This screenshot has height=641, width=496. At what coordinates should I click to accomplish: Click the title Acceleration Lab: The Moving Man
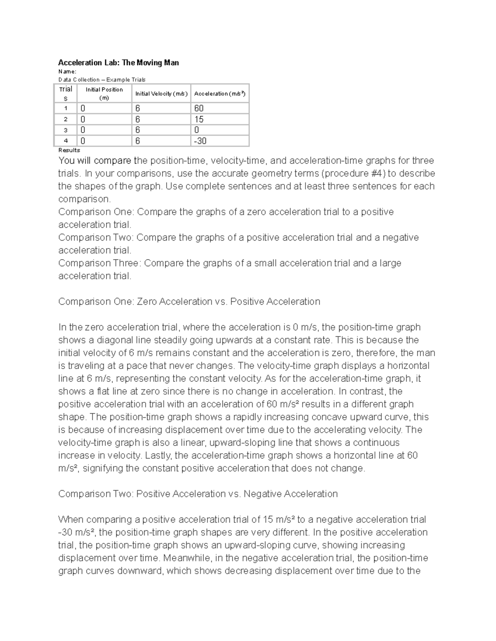(x=118, y=63)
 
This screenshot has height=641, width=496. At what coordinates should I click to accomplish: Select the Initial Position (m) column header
(x=104, y=94)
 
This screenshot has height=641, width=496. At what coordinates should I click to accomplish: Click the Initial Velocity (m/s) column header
(x=161, y=94)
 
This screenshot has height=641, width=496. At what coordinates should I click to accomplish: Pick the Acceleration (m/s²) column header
(x=219, y=94)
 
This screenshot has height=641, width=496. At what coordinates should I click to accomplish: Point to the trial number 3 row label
(x=65, y=130)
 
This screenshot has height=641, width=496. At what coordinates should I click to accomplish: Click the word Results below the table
(x=69, y=150)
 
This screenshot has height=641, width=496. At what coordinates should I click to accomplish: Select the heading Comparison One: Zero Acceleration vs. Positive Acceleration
(x=189, y=302)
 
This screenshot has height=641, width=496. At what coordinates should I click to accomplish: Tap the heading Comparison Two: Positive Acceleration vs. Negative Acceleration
(x=198, y=494)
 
